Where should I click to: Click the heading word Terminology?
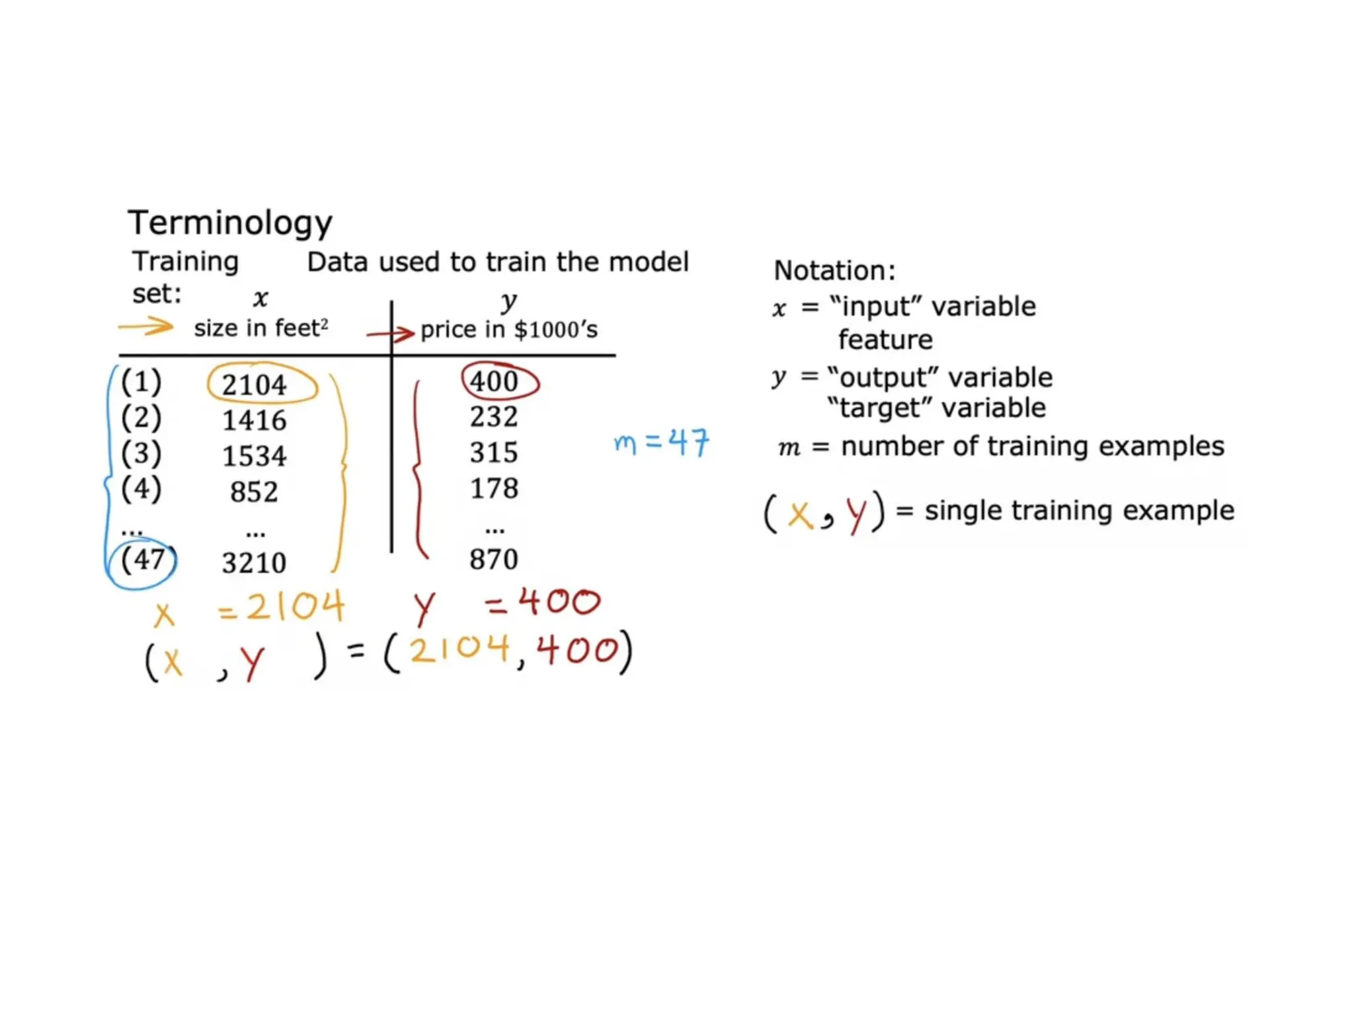(229, 223)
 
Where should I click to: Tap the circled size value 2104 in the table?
(255, 385)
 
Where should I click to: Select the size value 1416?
(255, 420)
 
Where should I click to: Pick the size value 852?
(255, 492)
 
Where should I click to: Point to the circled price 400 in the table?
(495, 381)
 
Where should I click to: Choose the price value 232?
(494, 417)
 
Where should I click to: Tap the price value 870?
(494, 560)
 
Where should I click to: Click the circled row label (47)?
(142, 560)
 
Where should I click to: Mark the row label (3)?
(141, 453)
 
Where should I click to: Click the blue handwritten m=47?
(661, 442)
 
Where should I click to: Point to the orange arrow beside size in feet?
(146, 326)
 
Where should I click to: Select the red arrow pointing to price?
(391, 334)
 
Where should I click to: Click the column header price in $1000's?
(509, 330)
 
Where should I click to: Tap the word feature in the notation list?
(885, 340)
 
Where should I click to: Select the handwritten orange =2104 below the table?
(282, 606)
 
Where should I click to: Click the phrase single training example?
(1079, 510)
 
